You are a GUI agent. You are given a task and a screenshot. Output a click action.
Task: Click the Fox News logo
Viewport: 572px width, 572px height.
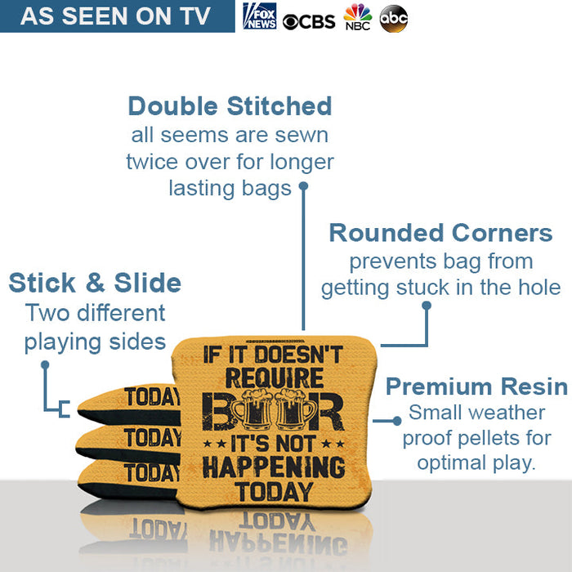(260, 16)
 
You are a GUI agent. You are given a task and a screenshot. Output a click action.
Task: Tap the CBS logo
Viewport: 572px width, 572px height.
(309, 20)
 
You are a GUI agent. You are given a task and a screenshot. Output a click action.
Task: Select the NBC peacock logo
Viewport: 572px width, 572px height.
(357, 17)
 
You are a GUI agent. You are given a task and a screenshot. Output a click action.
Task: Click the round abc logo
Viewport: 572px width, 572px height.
(393, 19)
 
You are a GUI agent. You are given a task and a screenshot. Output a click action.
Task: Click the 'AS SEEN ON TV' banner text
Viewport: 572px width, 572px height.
(115, 16)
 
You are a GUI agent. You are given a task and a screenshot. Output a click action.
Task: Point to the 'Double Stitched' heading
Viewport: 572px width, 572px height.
(230, 106)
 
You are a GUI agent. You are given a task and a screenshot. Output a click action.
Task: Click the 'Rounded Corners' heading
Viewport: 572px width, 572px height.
(440, 233)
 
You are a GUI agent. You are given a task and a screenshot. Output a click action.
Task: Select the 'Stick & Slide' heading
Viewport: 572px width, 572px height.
(95, 283)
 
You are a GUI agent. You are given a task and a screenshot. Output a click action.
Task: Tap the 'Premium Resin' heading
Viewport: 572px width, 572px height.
(476, 386)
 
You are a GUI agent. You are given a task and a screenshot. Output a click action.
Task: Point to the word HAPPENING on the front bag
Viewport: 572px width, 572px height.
(273, 467)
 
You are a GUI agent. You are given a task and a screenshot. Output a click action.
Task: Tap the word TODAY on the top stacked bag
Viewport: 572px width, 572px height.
(152, 398)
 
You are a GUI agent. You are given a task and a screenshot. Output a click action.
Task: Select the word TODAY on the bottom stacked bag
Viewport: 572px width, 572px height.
(152, 472)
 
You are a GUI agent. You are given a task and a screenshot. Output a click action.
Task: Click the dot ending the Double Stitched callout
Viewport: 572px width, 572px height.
(303, 186)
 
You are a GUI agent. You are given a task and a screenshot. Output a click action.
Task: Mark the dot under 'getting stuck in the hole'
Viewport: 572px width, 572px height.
(426, 305)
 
